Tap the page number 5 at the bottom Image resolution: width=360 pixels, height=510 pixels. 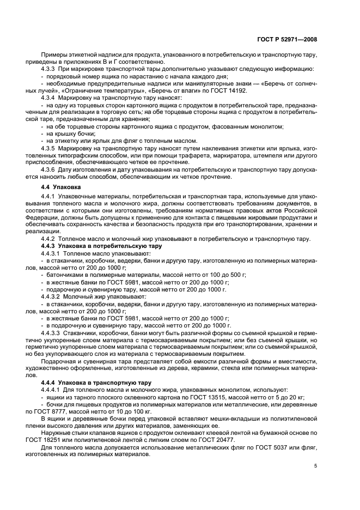click(x=316, y=465)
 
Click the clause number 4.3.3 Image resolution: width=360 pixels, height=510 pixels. click(x=50, y=69)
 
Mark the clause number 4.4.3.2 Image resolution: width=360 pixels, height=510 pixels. click(x=52, y=296)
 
